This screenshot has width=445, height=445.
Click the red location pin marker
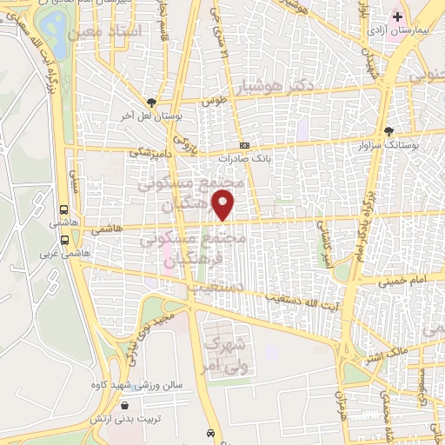tap(225, 204)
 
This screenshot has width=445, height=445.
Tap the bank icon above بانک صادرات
tap(245, 145)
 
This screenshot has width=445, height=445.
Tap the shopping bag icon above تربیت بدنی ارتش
tap(126, 405)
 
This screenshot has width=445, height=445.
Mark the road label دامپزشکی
tap(148, 151)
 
